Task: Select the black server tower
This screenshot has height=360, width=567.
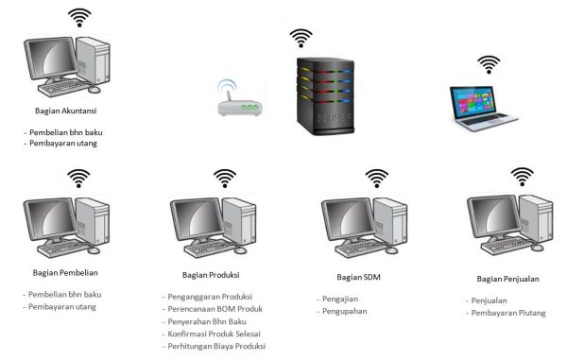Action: coord(325,96)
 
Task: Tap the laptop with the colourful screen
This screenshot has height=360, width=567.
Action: coord(483,108)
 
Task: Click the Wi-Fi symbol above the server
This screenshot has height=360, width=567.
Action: coord(301,39)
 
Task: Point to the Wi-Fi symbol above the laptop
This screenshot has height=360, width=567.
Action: coord(489,64)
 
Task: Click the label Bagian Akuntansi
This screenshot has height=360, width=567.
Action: coord(66,111)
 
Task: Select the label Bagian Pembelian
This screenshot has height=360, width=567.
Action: coord(65,272)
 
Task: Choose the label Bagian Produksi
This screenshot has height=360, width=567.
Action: coord(211,275)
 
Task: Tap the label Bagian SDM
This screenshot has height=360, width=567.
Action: coord(359,277)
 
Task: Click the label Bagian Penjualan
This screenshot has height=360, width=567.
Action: coord(508,279)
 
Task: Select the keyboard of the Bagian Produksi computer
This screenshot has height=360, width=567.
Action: coord(210,248)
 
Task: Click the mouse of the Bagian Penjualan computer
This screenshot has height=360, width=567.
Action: coord(537,248)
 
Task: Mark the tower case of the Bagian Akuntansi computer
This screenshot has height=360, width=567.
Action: coord(94,60)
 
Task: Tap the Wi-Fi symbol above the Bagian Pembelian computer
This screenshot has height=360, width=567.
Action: coord(78,179)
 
